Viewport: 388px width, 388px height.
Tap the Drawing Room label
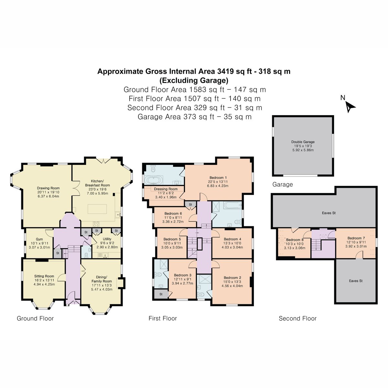[48, 188]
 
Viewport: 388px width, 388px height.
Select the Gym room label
[39, 239]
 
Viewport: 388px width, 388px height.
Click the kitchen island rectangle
[97, 209]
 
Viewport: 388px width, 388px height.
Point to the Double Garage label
[303, 142]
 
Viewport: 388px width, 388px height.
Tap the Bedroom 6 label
[173, 213]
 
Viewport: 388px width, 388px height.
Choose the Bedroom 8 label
[295, 240]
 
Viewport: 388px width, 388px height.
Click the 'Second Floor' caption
[297, 318]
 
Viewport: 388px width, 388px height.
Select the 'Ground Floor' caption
[35, 318]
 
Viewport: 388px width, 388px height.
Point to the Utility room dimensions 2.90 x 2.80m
[107, 247]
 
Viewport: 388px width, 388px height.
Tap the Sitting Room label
[44, 276]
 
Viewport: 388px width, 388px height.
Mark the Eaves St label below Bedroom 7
[356, 281]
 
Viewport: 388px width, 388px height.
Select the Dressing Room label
[166, 189]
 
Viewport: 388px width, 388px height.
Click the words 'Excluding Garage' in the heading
[194, 80]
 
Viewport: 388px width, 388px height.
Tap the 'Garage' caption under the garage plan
[283, 184]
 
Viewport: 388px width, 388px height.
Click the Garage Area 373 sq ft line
[195, 117]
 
